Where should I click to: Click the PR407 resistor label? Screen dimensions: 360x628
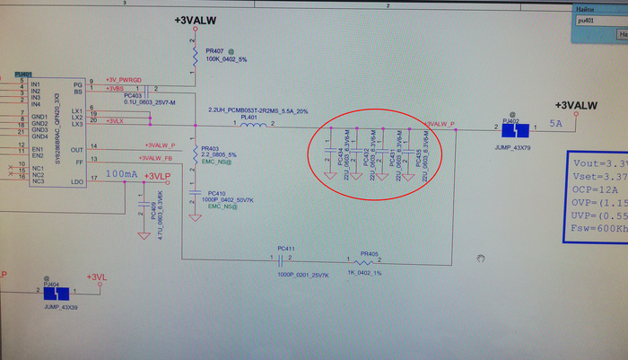(x=215, y=51)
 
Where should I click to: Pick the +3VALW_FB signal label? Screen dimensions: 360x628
(x=160, y=159)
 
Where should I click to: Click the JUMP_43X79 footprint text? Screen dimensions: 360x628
(x=512, y=146)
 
